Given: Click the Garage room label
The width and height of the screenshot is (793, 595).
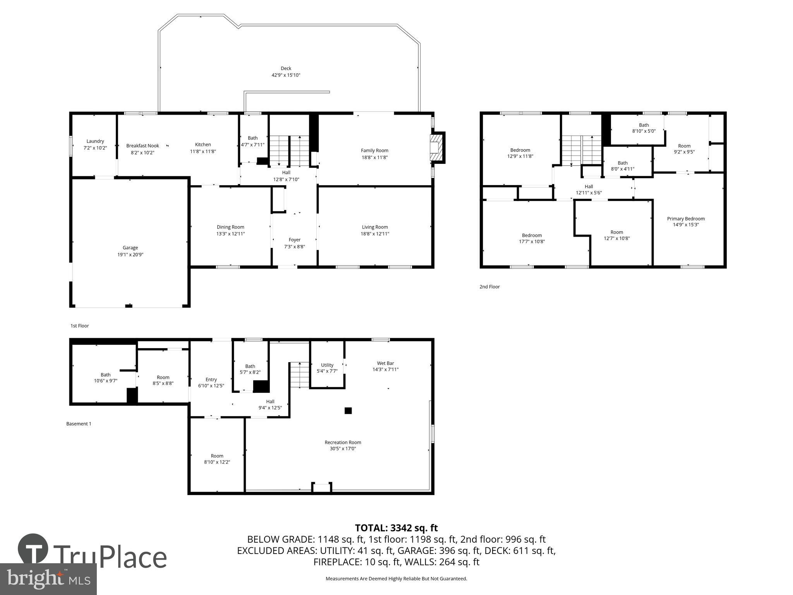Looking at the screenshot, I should [130, 248].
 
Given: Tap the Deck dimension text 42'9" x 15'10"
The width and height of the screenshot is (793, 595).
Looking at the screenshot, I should [286, 75].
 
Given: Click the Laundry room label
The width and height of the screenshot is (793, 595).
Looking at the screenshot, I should [95, 141].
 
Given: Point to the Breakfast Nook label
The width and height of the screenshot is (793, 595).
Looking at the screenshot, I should [142, 146].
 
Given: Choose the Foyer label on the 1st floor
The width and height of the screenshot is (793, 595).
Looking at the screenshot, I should [294, 240].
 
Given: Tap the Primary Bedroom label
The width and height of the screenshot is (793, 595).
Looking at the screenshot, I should [685, 219].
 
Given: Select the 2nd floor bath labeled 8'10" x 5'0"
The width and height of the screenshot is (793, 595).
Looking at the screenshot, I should [644, 128].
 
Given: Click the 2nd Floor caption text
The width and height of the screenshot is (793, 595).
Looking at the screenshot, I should [489, 287].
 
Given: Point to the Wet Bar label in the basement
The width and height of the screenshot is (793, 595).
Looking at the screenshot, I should [385, 363].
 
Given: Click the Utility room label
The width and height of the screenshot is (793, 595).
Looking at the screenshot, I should [327, 365].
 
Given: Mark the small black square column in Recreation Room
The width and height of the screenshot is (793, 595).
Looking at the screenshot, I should [348, 411].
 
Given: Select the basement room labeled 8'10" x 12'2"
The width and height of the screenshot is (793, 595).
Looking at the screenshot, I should [217, 459].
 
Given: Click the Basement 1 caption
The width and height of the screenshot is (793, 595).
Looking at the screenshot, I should [79, 424].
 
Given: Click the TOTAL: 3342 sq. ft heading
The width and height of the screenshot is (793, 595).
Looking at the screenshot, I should [396, 528].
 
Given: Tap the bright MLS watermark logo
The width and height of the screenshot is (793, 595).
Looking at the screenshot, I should [48, 579].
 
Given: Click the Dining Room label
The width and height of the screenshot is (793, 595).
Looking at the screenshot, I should [230, 227].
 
